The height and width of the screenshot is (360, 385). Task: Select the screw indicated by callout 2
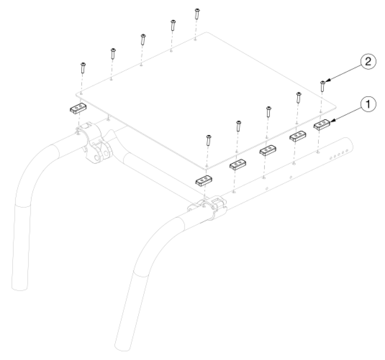pyautogui.click(x=323, y=86)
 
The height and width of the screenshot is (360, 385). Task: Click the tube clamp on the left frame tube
pyautogui.click(x=94, y=144)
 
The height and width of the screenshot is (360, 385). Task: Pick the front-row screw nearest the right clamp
pyautogui.click(x=208, y=140)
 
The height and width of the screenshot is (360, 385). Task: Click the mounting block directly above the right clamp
pyautogui.click(x=203, y=180)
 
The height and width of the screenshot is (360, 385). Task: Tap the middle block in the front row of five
pyautogui.click(x=268, y=150)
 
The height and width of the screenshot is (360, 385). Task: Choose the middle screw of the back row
pyautogui.click(x=143, y=39)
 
